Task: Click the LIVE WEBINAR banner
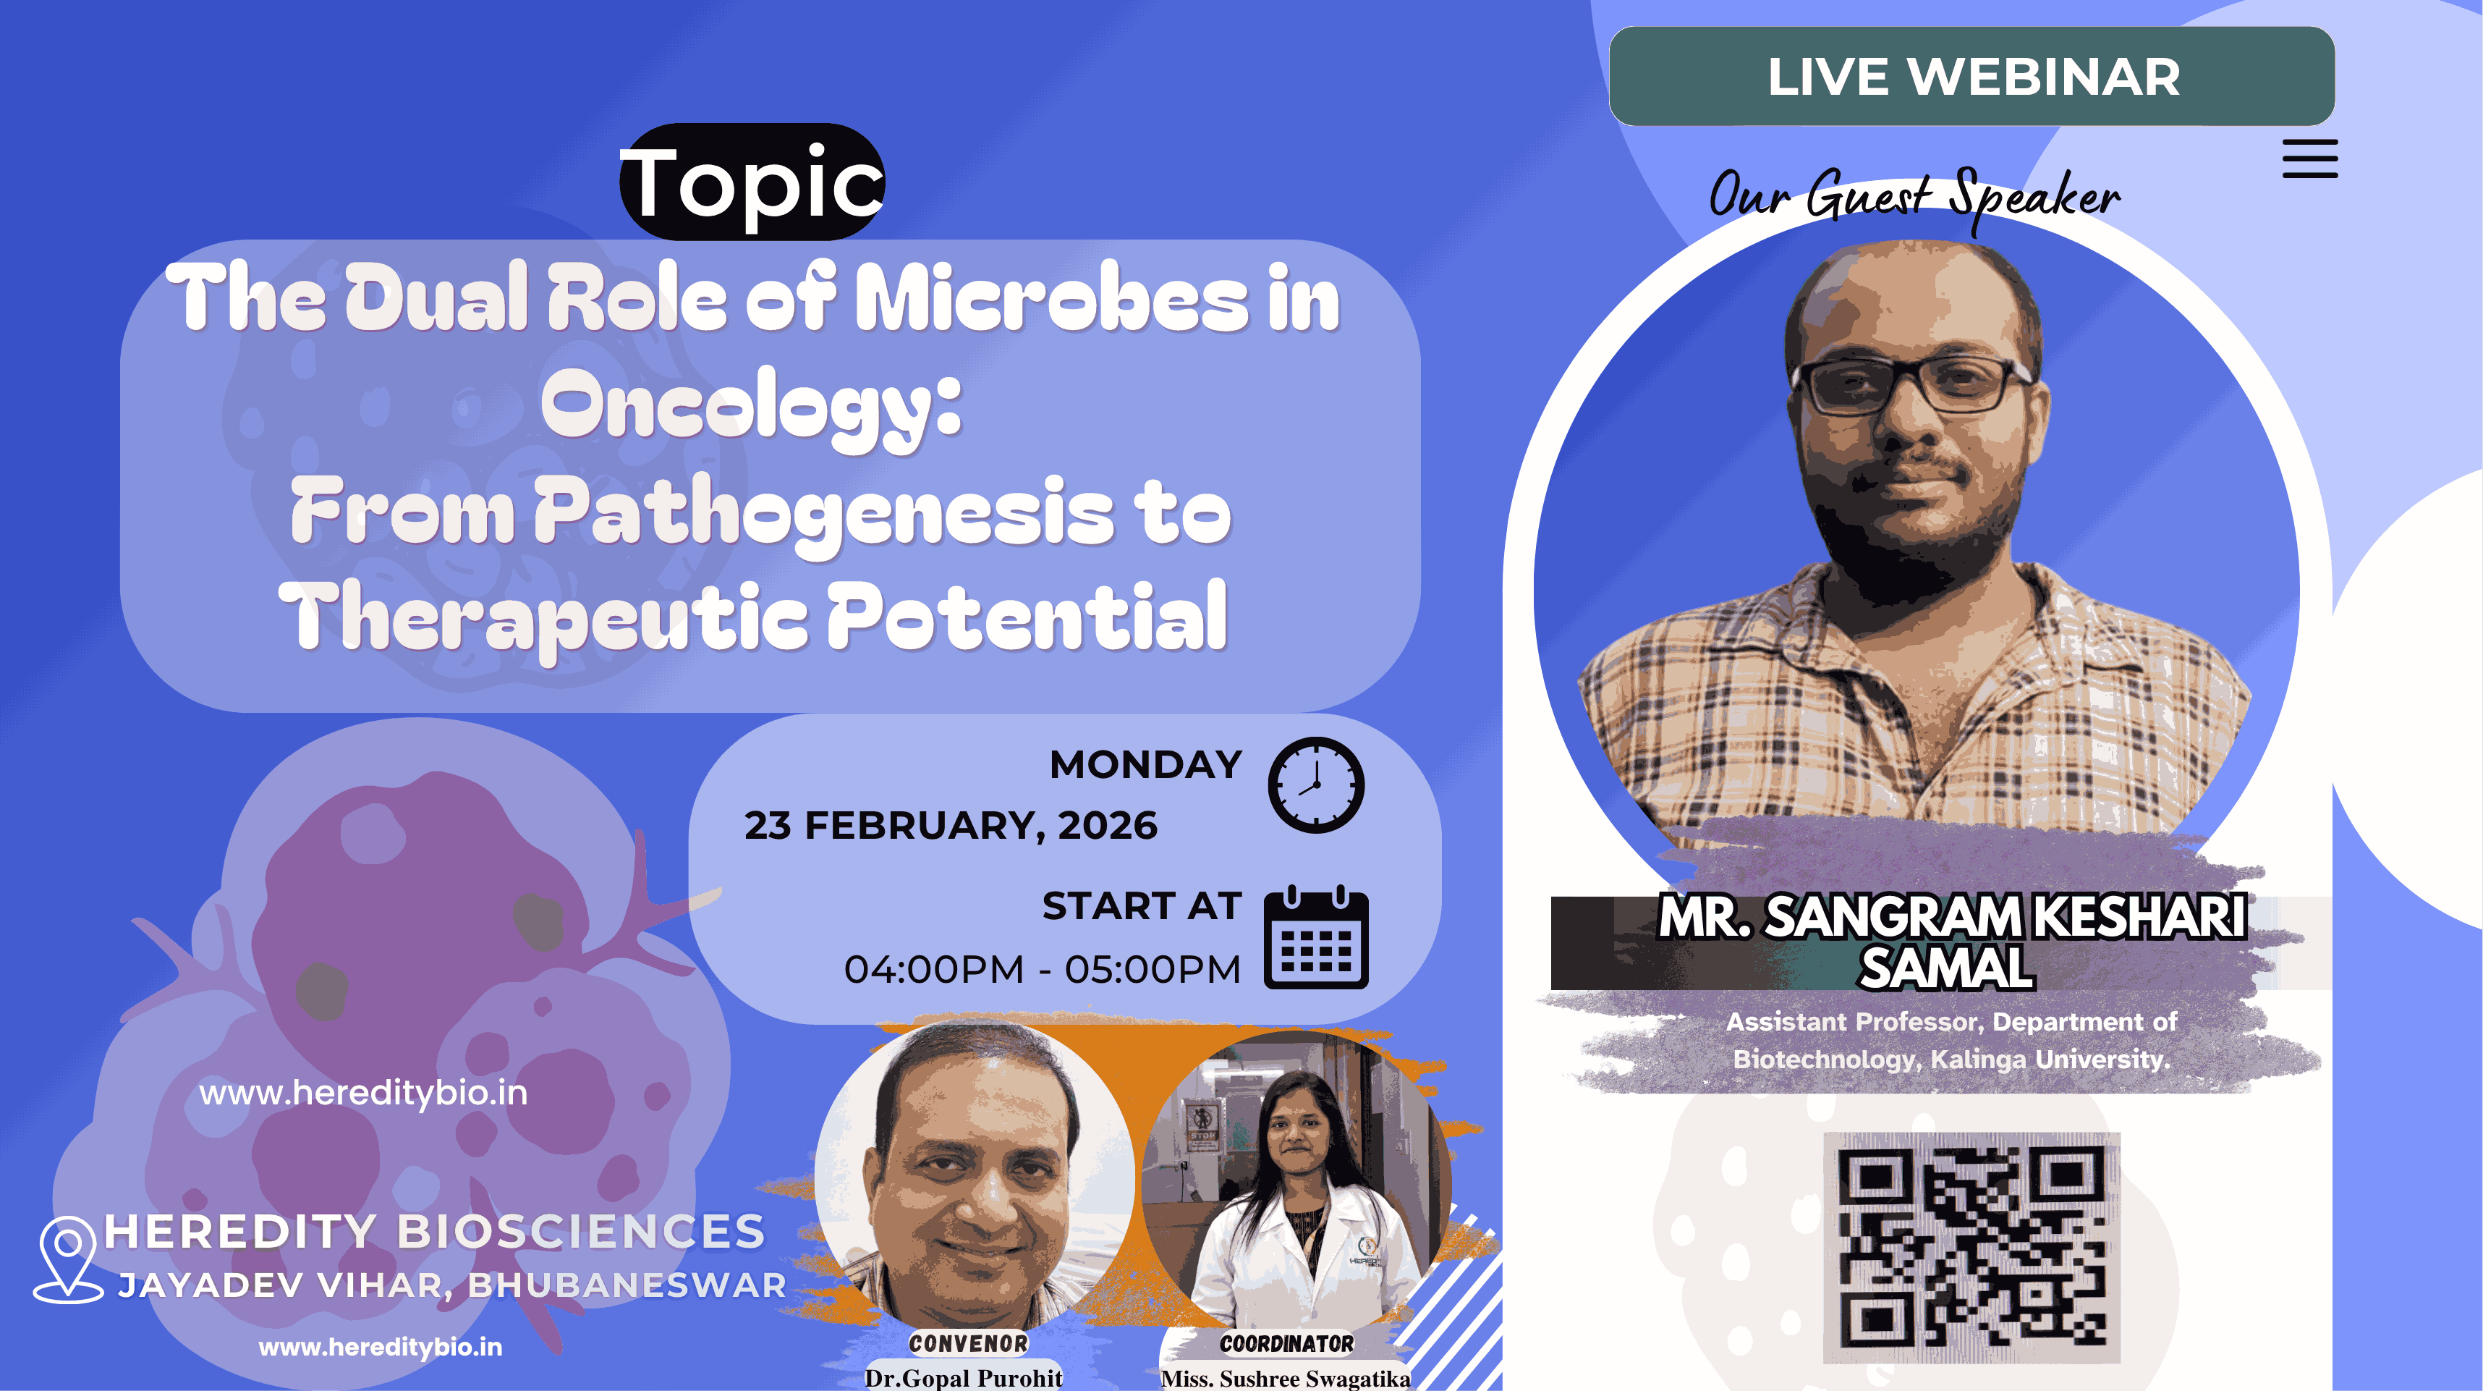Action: click(1972, 76)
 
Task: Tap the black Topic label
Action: click(752, 181)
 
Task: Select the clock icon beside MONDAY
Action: click(1316, 785)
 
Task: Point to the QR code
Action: click(1972, 1248)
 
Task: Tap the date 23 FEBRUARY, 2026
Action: click(951, 826)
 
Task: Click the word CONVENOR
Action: click(968, 1343)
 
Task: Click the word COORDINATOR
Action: click(1287, 1343)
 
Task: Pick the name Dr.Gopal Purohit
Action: click(963, 1377)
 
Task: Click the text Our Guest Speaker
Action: click(1914, 195)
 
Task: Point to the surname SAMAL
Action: click(1947, 967)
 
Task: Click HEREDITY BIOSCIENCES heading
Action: click(435, 1231)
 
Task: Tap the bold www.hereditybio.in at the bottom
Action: click(381, 1347)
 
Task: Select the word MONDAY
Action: click(1145, 764)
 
